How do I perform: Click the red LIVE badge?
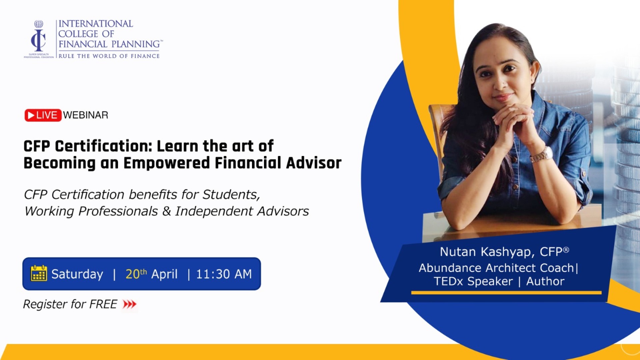43,115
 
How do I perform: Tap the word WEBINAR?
86,115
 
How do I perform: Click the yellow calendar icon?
39,274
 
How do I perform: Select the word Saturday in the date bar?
77,274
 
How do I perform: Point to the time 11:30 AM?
224,274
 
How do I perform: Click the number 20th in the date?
136,274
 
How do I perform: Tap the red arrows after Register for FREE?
130,304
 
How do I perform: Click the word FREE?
103,304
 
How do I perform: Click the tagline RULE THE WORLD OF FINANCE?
109,56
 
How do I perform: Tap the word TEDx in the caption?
448,281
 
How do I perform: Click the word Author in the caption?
545,281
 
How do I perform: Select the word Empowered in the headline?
167,163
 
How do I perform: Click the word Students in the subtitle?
231,194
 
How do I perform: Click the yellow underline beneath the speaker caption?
506,293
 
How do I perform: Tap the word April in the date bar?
164,274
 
